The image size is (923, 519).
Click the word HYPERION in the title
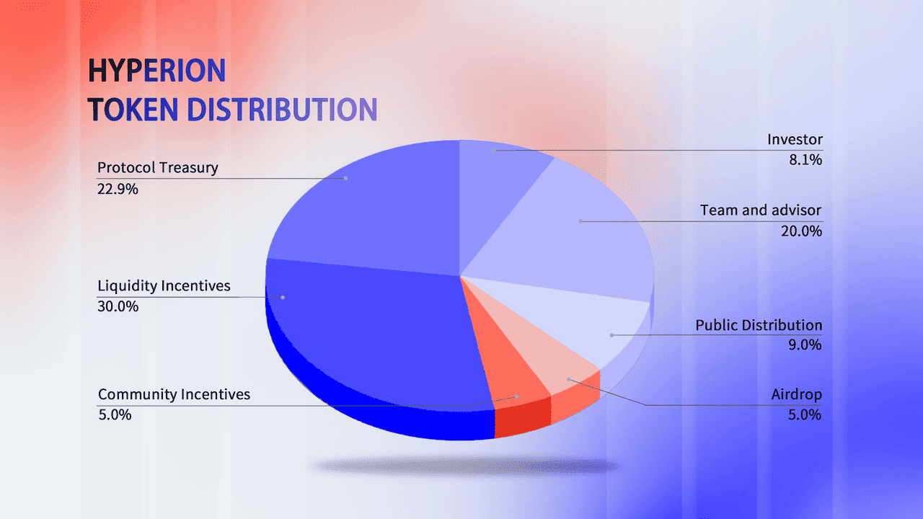pos(157,71)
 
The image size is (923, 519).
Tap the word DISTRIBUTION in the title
pos(282,110)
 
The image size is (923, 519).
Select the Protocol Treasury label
pos(158,168)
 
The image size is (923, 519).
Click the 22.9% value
pos(118,189)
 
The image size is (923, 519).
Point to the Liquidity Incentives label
pos(164,285)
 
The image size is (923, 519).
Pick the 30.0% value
pos(118,306)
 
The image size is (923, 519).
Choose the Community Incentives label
pos(174,394)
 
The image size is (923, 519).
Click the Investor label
pos(795,140)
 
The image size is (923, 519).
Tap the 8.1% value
pos(805,160)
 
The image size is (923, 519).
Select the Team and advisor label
pos(761,210)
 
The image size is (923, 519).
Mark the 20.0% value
pos(801,231)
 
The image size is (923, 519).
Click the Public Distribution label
pos(759,325)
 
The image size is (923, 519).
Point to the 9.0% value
pos(805,345)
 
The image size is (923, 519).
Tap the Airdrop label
pos(797,394)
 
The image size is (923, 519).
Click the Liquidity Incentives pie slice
pos(371,329)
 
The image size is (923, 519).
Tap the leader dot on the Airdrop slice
pos(569,379)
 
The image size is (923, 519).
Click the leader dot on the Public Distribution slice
pos(611,335)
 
